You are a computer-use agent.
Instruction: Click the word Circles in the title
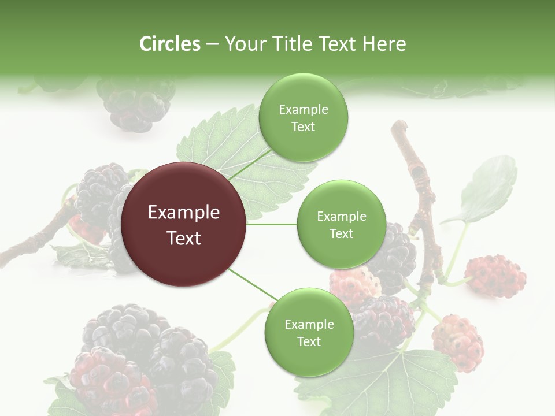pyautogui.click(x=169, y=44)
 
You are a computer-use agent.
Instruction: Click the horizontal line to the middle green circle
pyautogui.click(x=271, y=224)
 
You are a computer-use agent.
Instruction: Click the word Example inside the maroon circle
pyautogui.click(x=184, y=213)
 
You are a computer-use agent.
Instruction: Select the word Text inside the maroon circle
pyautogui.click(x=184, y=238)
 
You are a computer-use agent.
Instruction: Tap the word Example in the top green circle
pyautogui.click(x=303, y=110)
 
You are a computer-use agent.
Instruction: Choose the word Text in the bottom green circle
pyautogui.click(x=309, y=342)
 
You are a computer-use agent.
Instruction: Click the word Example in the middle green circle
pyautogui.click(x=341, y=217)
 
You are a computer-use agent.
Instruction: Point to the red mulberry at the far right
pyautogui.click(x=495, y=276)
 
